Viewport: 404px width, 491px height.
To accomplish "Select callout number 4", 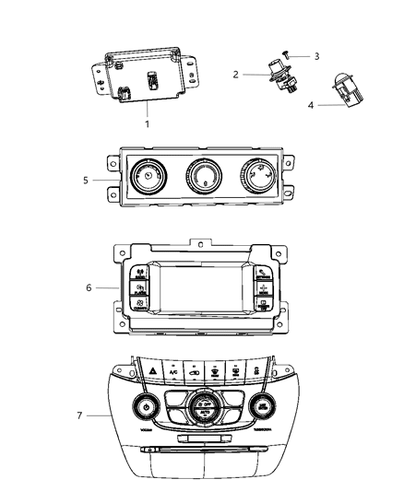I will click(x=310, y=105).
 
